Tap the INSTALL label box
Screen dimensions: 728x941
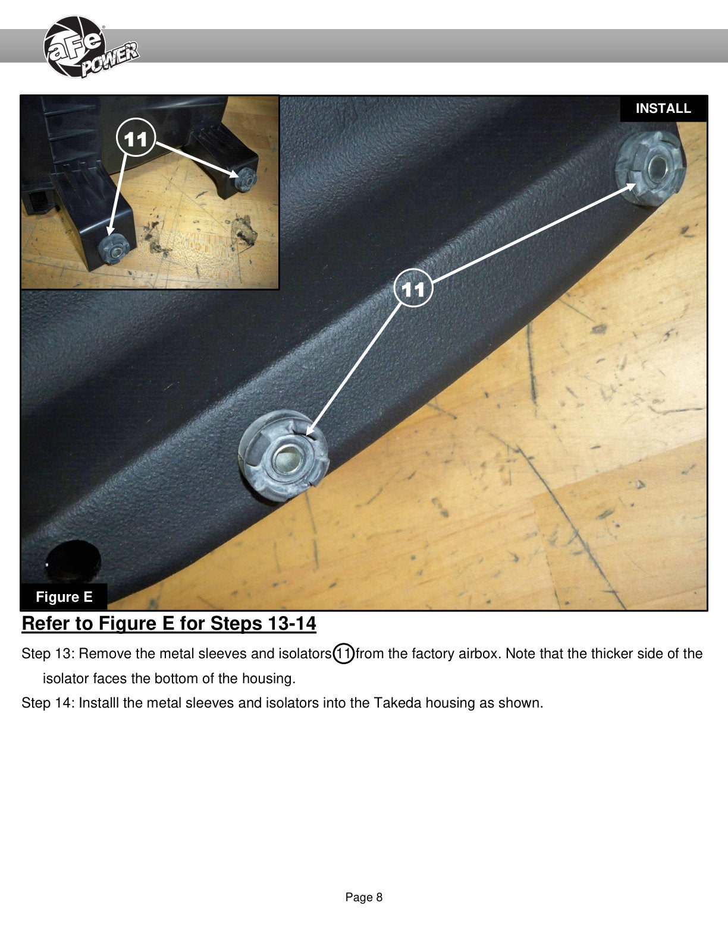point(663,108)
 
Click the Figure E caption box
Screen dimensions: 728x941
point(64,596)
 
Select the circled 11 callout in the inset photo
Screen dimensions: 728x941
point(136,138)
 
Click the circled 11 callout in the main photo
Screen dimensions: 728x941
point(413,288)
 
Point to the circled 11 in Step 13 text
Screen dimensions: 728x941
point(343,653)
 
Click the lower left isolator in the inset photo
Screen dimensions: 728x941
point(114,250)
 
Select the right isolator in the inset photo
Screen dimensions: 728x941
point(245,179)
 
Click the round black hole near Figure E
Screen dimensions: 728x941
point(73,561)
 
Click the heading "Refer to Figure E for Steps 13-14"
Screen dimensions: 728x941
point(169,624)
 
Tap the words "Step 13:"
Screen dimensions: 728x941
point(49,653)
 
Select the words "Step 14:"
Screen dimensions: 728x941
point(49,702)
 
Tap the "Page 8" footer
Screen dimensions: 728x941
point(364,897)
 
